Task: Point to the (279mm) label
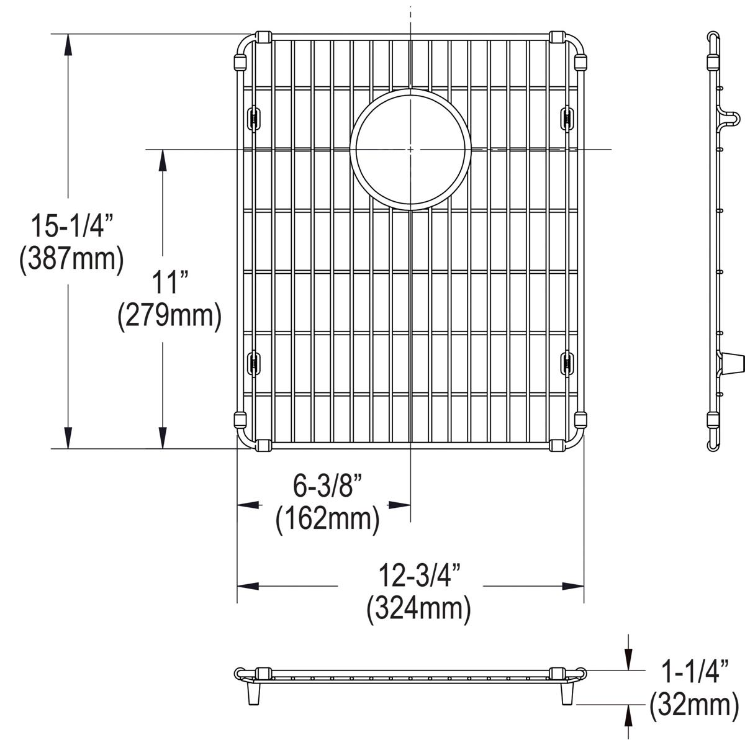tap(169, 315)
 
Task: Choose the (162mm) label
tap(328, 518)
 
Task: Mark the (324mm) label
tap(418, 608)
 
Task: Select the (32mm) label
tap(690, 705)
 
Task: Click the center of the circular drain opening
tap(410, 150)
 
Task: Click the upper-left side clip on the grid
tap(253, 117)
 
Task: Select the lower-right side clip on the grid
tap(567, 363)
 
